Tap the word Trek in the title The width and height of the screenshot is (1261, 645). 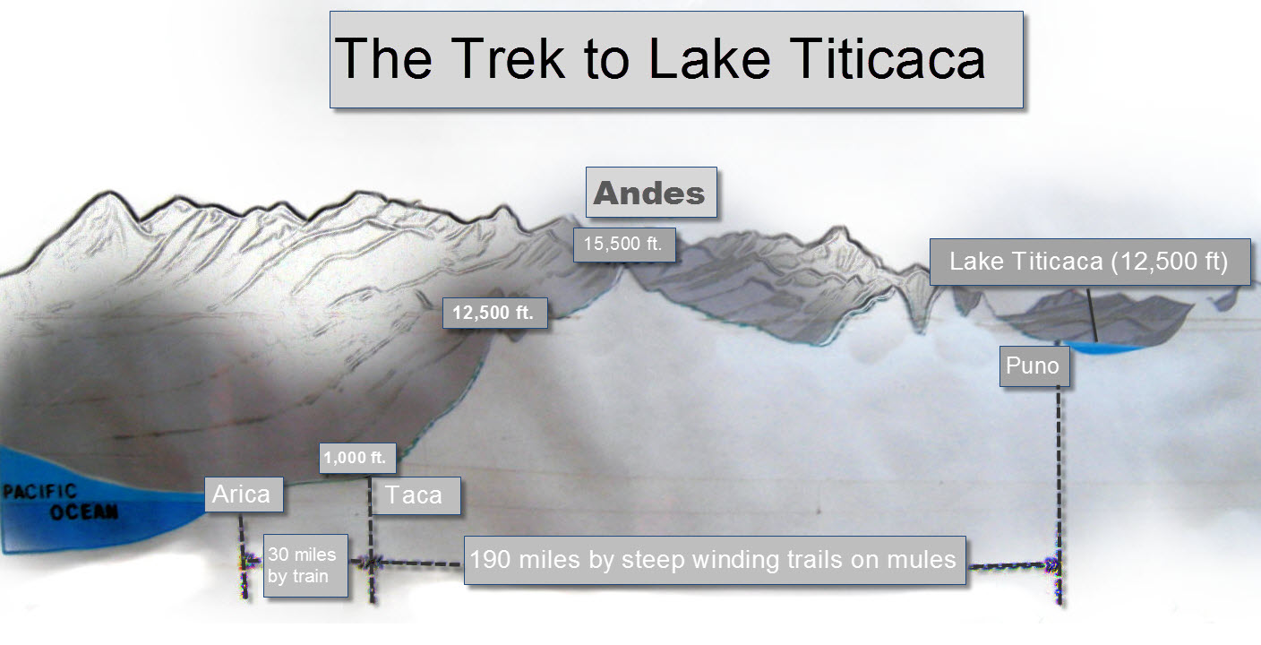point(508,59)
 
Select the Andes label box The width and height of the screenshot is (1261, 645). point(651,192)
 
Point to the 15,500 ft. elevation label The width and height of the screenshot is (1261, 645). point(624,245)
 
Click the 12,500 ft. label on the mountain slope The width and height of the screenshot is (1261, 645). point(495,313)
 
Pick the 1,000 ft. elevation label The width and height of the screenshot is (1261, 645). point(357,458)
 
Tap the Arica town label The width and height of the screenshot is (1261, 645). point(244,494)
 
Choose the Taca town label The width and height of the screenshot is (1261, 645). point(416,495)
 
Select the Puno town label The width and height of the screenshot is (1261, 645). point(1034,366)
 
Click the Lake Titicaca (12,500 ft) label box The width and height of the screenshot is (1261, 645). point(1090,262)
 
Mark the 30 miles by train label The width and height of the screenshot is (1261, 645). point(305,565)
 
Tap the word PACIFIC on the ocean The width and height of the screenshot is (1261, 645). point(39,491)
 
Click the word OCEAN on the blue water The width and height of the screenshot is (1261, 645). point(84,512)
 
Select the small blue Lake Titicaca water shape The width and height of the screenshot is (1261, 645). point(1106,347)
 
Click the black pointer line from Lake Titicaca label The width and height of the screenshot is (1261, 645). point(1092,315)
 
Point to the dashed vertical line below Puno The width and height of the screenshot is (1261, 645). point(1059,495)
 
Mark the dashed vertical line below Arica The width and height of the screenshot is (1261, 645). point(243,555)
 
